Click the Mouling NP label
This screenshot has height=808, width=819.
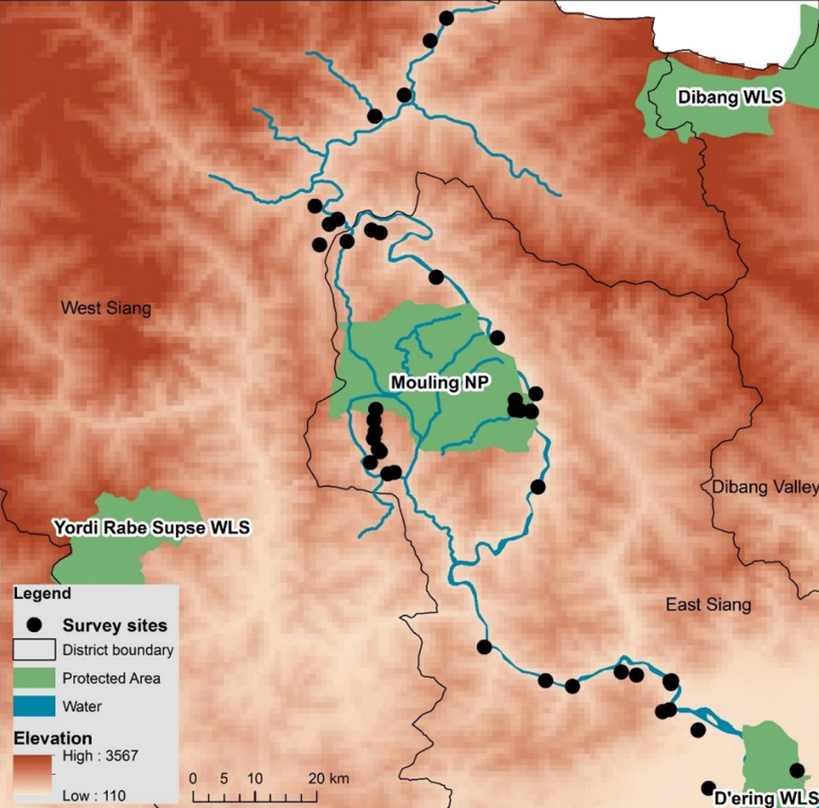click(x=439, y=383)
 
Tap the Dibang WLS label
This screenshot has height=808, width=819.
click(x=730, y=97)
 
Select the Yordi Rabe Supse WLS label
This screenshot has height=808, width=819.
click(x=152, y=528)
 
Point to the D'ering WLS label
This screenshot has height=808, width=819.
click(x=765, y=798)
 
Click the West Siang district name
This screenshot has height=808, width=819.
click(x=106, y=308)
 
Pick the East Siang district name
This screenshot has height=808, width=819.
click(x=708, y=605)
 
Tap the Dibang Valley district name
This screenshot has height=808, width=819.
click(x=764, y=487)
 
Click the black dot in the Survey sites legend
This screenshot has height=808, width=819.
click(x=33, y=625)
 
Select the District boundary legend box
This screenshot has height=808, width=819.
click(x=34, y=650)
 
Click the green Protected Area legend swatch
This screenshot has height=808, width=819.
click(x=34, y=678)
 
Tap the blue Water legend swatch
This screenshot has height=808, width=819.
click(x=34, y=706)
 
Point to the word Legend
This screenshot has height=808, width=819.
click(x=42, y=594)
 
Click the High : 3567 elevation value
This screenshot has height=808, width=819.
click(x=100, y=756)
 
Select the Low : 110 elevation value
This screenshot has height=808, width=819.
click(x=94, y=796)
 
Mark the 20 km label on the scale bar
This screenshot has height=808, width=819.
click(x=328, y=779)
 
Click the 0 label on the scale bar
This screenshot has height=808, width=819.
click(x=193, y=779)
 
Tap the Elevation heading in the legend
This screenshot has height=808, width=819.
click(x=53, y=738)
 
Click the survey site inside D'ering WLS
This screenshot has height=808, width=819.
click(x=797, y=771)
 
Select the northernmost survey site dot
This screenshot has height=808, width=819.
click(x=446, y=18)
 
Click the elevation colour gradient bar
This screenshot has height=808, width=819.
click(x=33, y=775)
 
